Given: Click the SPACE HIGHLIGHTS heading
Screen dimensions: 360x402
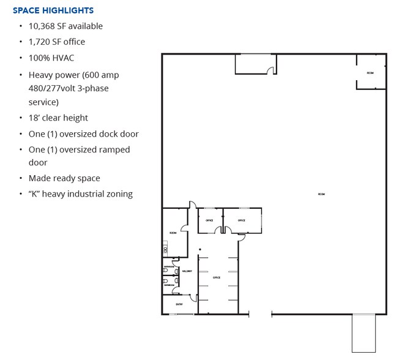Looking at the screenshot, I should pyautogui.click(x=53, y=10).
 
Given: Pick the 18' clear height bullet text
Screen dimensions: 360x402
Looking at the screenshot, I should pyautogui.click(x=58, y=118).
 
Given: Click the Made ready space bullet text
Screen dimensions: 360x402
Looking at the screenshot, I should pyautogui.click(x=64, y=178).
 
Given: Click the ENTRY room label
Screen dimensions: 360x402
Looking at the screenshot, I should pyautogui.click(x=179, y=304).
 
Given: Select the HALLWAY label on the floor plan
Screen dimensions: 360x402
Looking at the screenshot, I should pyautogui.click(x=187, y=271).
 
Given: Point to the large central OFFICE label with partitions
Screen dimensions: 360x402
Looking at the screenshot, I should pyautogui.click(x=216, y=277).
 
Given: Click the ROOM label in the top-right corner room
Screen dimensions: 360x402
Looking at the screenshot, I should pyautogui.click(x=370, y=73).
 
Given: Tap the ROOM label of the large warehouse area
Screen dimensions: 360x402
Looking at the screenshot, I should pyautogui.click(x=321, y=194).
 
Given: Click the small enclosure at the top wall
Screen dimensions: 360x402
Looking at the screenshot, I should pyautogui.click(x=255, y=64).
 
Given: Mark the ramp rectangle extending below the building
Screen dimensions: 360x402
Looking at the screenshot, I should pyautogui.click(x=363, y=334).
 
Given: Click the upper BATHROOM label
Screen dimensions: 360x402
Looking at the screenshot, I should pyautogui.click(x=169, y=268).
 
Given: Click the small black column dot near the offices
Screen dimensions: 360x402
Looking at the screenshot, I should pyautogui.click(x=199, y=249).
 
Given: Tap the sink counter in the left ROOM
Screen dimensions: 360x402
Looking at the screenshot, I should pyautogui.click(x=165, y=250).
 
